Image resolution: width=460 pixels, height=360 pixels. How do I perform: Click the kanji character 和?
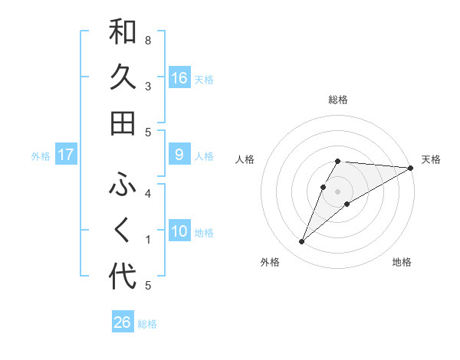123,32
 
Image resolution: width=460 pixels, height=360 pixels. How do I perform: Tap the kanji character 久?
123,77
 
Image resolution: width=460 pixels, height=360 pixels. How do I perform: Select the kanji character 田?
123,123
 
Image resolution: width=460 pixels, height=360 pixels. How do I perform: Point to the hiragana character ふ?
123,185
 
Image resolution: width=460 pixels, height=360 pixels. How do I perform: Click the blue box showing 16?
179,78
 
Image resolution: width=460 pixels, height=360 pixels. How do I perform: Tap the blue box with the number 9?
179,155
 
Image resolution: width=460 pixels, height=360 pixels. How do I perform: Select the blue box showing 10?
179,231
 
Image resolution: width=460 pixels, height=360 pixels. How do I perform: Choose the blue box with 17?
66,155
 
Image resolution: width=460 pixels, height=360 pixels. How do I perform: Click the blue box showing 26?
123,322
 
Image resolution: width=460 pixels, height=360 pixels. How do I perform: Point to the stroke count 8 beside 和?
148,40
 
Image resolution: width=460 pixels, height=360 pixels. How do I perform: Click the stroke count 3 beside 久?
148,86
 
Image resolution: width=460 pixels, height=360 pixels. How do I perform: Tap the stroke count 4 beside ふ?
148,193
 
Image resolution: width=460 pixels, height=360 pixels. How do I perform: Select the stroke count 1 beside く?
148,240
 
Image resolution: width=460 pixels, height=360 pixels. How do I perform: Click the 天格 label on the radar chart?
431,159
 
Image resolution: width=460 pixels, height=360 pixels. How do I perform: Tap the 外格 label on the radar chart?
270,262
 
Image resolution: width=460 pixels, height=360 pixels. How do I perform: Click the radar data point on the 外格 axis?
302,242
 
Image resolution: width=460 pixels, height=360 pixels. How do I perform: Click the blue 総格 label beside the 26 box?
147,324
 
